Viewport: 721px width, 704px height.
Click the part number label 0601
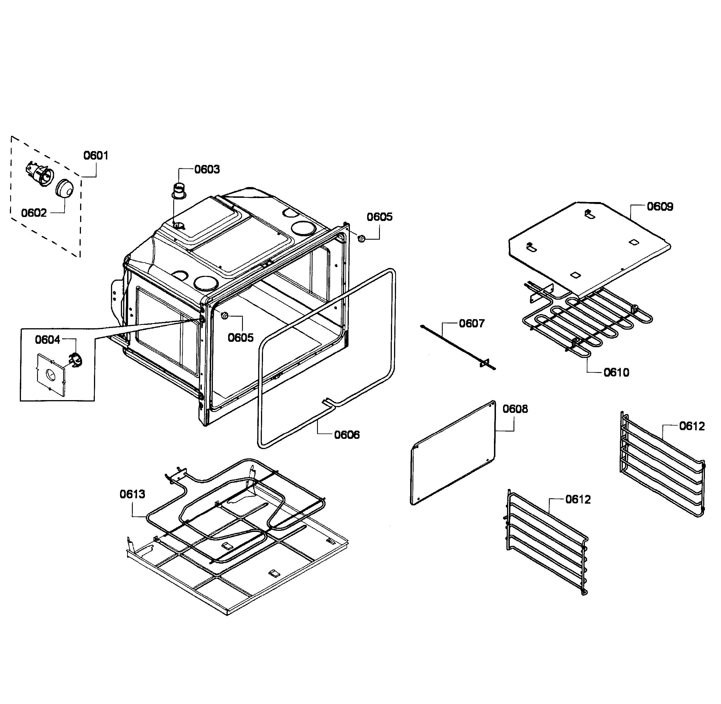pos(96,155)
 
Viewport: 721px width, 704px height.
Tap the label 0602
pos(34,213)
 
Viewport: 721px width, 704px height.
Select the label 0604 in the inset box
pos(47,340)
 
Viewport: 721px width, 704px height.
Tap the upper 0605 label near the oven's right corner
pos(380,217)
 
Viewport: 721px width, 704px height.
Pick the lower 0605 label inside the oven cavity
pos(240,338)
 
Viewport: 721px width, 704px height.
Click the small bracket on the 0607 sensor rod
pos(484,363)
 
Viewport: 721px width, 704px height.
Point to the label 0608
pos(515,409)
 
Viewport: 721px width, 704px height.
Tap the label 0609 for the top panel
pos(660,206)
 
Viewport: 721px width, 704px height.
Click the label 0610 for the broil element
pos(616,372)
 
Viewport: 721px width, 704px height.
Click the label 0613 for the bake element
pos(132,494)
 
